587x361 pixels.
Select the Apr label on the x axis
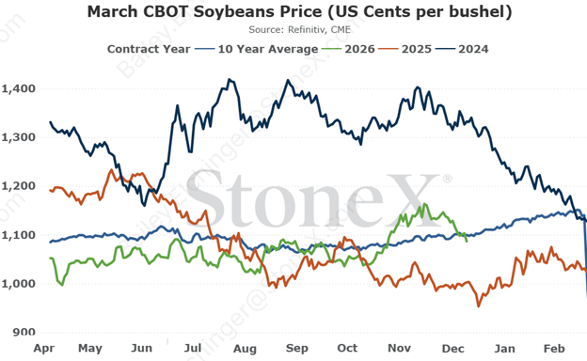[x=42, y=348]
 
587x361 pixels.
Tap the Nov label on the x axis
[x=401, y=348]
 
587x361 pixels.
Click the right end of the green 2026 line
[x=468, y=241]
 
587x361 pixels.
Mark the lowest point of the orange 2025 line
[x=479, y=306]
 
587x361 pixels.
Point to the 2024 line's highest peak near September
[x=285, y=81]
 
